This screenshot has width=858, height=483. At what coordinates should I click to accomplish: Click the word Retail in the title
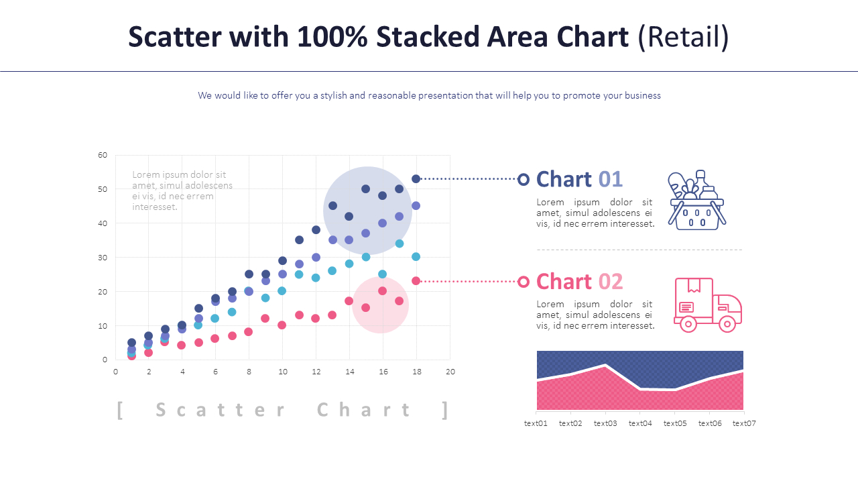click(683, 37)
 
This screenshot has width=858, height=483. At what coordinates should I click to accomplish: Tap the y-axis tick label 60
click(103, 155)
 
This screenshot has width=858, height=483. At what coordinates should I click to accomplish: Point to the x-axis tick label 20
click(450, 372)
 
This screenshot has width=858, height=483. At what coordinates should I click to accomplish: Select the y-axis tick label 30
click(103, 258)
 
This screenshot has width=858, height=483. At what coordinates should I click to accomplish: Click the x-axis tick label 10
click(283, 372)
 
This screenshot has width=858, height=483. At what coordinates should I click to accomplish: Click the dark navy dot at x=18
click(416, 178)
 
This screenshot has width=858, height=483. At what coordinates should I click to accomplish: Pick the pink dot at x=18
click(416, 281)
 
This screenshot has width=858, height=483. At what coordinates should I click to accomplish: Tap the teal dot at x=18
click(416, 257)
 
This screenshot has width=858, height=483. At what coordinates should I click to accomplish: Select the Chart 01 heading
click(579, 179)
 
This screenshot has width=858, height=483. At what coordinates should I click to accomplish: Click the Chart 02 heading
click(579, 281)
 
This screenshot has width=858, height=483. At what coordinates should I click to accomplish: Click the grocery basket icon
click(697, 200)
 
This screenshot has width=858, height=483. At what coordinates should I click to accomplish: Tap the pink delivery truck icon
click(707, 305)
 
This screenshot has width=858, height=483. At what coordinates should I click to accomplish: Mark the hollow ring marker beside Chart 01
click(524, 179)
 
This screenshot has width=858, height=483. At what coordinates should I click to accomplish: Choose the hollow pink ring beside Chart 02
click(524, 282)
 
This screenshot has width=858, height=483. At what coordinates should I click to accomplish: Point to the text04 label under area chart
click(640, 423)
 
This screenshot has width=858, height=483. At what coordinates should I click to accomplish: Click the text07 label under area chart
click(743, 423)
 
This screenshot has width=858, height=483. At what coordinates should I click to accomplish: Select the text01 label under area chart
click(536, 423)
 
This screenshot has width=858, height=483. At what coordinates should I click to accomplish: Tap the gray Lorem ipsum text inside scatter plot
click(182, 191)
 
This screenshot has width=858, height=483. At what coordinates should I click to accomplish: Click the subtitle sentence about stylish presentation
click(429, 95)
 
